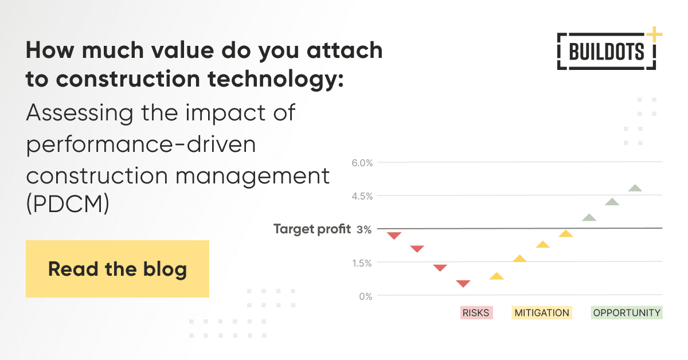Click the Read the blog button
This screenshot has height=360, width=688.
[x=117, y=269]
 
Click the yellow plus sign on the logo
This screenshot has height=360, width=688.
[x=654, y=34]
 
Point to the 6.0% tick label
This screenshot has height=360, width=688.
[x=362, y=163]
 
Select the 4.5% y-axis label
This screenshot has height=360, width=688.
[x=362, y=196]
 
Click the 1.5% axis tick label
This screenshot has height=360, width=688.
[x=362, y=263]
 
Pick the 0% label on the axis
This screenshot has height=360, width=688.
[x=365, y=296]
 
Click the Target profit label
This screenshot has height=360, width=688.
[x=312, y=229]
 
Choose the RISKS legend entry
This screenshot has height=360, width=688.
[x=476, y=313]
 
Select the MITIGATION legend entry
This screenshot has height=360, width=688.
[x=542, y=313]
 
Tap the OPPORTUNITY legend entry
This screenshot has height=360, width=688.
[x=627, y=313]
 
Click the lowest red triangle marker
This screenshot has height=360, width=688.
[x=463, y=283]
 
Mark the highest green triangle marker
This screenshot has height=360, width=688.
[x=635, y=188]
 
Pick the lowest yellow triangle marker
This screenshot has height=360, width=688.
[x=497, y=276]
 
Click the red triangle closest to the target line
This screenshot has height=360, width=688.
[x=394, y=235]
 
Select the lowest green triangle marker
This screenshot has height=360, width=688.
[x=589, y=217]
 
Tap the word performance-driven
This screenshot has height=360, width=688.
[x=140, y=144]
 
